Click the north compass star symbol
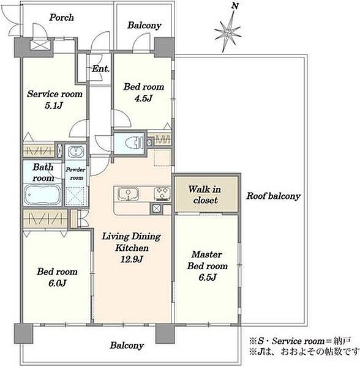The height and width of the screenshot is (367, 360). pyautogui.click(x=228, y=32)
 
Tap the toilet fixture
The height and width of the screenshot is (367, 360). pyautogui.click(x=134, y=143)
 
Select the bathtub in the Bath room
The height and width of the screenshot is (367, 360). pyautogui.click(x=43, y=195)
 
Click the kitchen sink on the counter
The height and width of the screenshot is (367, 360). pyautogui.click(x=128, y=194)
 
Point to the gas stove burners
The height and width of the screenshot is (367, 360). pyautogui.click(x=162, y=194)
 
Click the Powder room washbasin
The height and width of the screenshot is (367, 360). pyautogui.click(x=76, y=152)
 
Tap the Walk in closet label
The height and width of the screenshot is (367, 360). pyautogui.click(x=204, y=195)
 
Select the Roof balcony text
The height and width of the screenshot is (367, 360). pyautogui.click(x=273, y=196)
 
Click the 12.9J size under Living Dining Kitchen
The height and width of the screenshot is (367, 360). pyautogui.click(x=132, y=259)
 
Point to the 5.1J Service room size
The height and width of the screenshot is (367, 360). pyautogui.click(x=54, y=106)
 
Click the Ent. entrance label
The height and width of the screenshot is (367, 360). pyautogui.click(x=100, y=69)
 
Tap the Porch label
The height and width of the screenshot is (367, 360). pyautogui.click(x=62, y=18)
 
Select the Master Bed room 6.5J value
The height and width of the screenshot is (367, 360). pyautogui.click(x=208, y=277)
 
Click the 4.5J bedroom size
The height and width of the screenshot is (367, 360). pyautogui.click(x=144, y=98)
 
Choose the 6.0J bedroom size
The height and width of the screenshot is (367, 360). pyautogui.click(x=58, y=283)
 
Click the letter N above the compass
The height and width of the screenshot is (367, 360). pyautogui.click(x=235, y=6)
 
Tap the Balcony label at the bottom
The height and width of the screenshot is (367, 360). pyautogui.click(x=127, y=346)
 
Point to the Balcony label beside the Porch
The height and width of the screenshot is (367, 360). pyautogui.click(x=144, y=25)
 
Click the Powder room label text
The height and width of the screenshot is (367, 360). pyautogui.click(x=75, y=174)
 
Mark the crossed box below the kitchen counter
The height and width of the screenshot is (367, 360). pyautogui.click(x=156, y=209)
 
